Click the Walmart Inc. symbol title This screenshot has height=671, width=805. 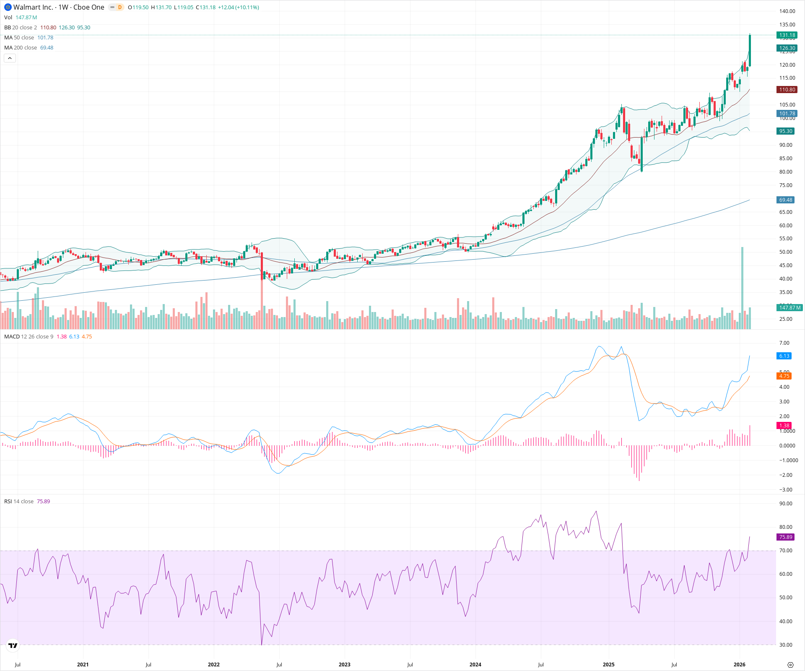pos(33,7)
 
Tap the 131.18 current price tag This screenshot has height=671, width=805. pos(787,35)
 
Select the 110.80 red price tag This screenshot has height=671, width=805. pos(787,89)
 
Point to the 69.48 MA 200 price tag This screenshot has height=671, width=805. pos(785,200)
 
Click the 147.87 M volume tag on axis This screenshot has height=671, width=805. pos(789,307)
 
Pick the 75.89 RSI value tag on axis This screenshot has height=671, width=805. pos(785,537)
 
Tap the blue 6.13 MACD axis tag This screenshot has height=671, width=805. pos(784,356)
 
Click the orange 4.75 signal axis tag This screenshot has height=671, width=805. pos(784,376)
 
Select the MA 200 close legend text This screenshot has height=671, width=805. pos(21,47)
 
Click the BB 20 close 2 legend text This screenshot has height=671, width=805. pos(21,27)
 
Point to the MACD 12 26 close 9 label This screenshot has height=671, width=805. pos(29,336)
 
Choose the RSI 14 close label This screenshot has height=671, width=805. pos(19,501)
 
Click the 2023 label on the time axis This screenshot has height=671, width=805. pos(344,664)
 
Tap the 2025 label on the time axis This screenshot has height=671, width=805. pos(608,664)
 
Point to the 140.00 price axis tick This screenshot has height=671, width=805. pos(787,11)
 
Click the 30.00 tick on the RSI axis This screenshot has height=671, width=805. pos(786,645)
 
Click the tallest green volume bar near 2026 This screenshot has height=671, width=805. pos(742,289)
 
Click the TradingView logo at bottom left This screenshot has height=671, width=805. pos(13,645)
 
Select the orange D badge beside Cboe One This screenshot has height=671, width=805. pos(119,7)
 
